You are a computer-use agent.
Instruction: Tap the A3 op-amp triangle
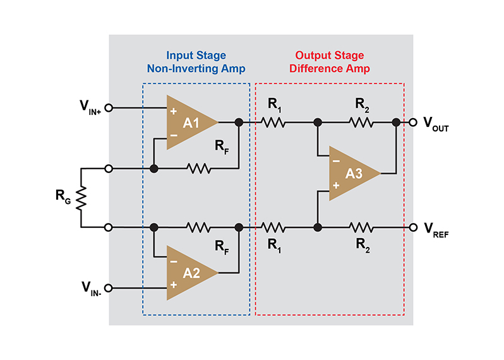click(x=351, y=174)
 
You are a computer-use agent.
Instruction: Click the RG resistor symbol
click(x=81, y=198)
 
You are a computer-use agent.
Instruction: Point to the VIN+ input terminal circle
click(x=108, y=108)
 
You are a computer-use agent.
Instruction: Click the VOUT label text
click(x=440, y=124)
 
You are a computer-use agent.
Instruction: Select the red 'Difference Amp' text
click(x=329, y=68)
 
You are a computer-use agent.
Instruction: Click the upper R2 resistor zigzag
click(x=361, y=123)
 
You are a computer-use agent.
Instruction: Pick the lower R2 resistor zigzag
click(x=361, y=227)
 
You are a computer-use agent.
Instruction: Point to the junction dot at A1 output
click(x=239, y=123)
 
